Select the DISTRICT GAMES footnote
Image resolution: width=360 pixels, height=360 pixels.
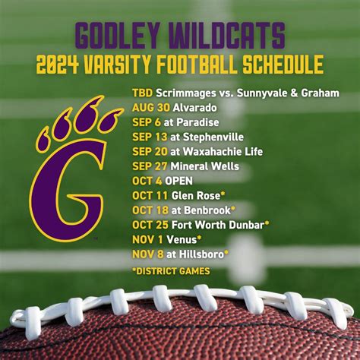point(171,270)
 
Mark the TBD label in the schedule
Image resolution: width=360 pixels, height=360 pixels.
point(142,93)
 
